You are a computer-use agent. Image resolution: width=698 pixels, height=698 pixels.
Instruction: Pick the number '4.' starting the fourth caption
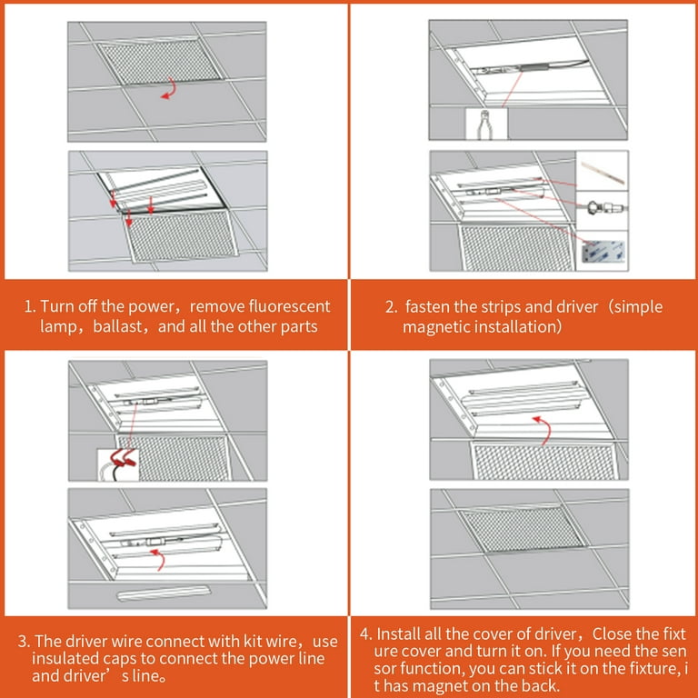coord(364,634)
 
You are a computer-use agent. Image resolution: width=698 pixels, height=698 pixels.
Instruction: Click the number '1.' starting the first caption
coord(30,307)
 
